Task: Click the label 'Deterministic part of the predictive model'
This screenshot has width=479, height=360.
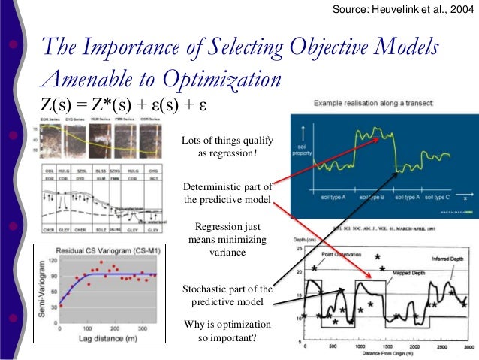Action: (227, 193)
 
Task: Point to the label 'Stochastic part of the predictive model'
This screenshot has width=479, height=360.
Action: (227, 295)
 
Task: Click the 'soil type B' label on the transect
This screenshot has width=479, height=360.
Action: (372, 196)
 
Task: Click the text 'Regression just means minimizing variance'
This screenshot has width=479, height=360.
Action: (227, 238)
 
